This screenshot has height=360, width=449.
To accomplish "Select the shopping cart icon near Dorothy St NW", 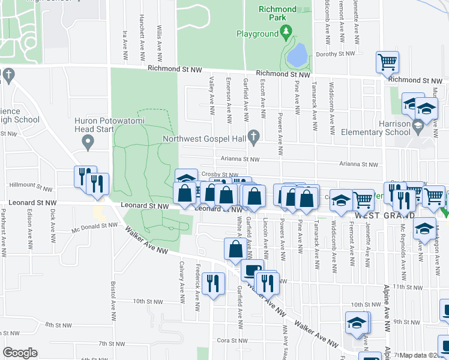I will (x=388, y=61).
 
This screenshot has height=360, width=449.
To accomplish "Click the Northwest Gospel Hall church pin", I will (x=255, y=137).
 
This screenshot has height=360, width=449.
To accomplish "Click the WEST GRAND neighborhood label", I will (x=385, y=215).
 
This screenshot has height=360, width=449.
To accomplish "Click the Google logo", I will (x=20, y=353).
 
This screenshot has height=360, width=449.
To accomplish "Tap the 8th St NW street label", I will (x=59, y=325).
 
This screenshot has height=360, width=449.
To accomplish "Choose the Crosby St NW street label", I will (x=212, y=173).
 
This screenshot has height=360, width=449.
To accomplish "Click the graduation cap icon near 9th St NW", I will (x=357, y=323).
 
